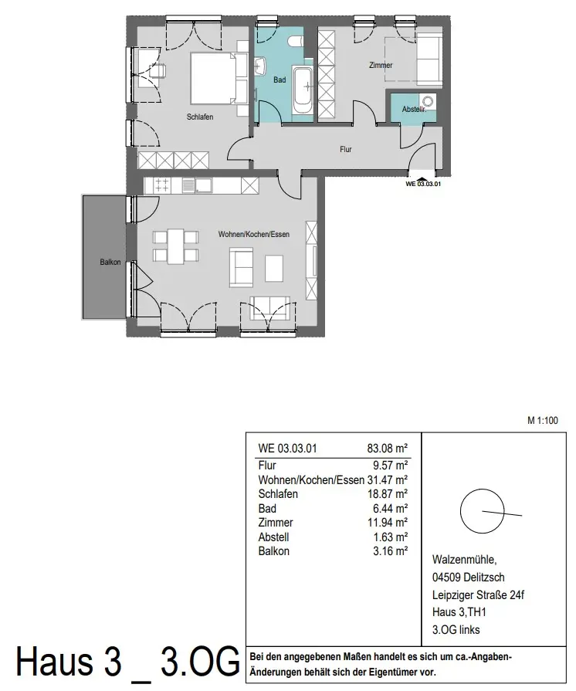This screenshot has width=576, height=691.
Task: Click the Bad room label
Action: pos(280,80)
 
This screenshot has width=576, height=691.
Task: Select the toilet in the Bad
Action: pos(294,41)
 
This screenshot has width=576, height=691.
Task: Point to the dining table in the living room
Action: pos(175,246)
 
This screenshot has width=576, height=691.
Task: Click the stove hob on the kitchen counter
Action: pos(161,185)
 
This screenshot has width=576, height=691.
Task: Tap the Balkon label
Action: pos(110,263)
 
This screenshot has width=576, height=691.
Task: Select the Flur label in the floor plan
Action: pos(345,149)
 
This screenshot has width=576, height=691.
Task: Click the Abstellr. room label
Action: pos(414,109)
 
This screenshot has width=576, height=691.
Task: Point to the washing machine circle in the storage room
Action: pos(428,101)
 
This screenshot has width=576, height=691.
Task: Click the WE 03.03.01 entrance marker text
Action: pos(423,184)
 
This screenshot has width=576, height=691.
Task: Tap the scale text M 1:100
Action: pos(543,421)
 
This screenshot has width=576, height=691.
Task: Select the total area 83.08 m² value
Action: pos(388,449)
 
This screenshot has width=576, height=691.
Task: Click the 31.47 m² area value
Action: pos(388,479)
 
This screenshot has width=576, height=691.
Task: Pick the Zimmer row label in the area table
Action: pos(276,523)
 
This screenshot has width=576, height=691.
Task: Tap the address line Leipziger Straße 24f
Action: pos(478,595)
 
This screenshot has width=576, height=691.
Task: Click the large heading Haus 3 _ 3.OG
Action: pos(128,662)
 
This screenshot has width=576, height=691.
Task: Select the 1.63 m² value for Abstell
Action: pos(390,537)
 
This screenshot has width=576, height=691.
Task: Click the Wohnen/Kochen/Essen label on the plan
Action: pos(254,235)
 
